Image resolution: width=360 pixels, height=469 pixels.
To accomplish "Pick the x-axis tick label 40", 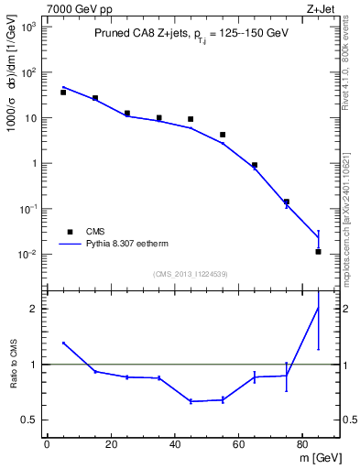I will click(175, 444).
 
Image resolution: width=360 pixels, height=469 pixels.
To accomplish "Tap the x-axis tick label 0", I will click(47, 444).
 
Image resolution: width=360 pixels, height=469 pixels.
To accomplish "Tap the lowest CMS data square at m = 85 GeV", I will click(318, 251).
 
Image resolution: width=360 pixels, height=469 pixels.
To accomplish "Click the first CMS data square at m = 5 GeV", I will click(63, 93).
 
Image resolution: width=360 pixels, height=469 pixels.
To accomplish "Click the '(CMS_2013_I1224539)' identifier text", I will click(191, 273).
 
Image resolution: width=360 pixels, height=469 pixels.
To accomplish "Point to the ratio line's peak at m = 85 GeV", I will click(318, 308).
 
